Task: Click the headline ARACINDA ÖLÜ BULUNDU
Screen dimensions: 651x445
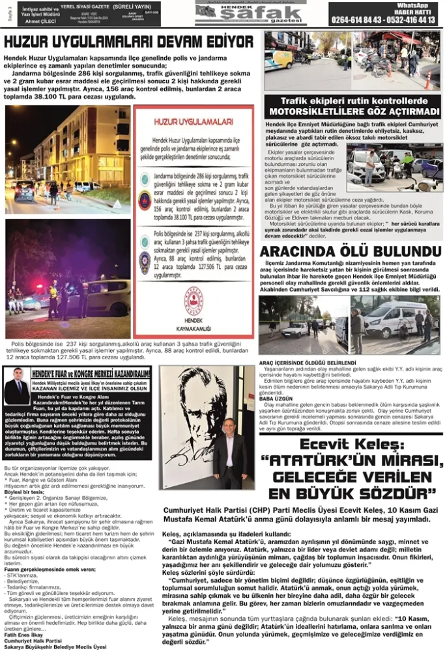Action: click(352, 251)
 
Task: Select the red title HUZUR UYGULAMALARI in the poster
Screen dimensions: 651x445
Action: click(194, 122)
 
